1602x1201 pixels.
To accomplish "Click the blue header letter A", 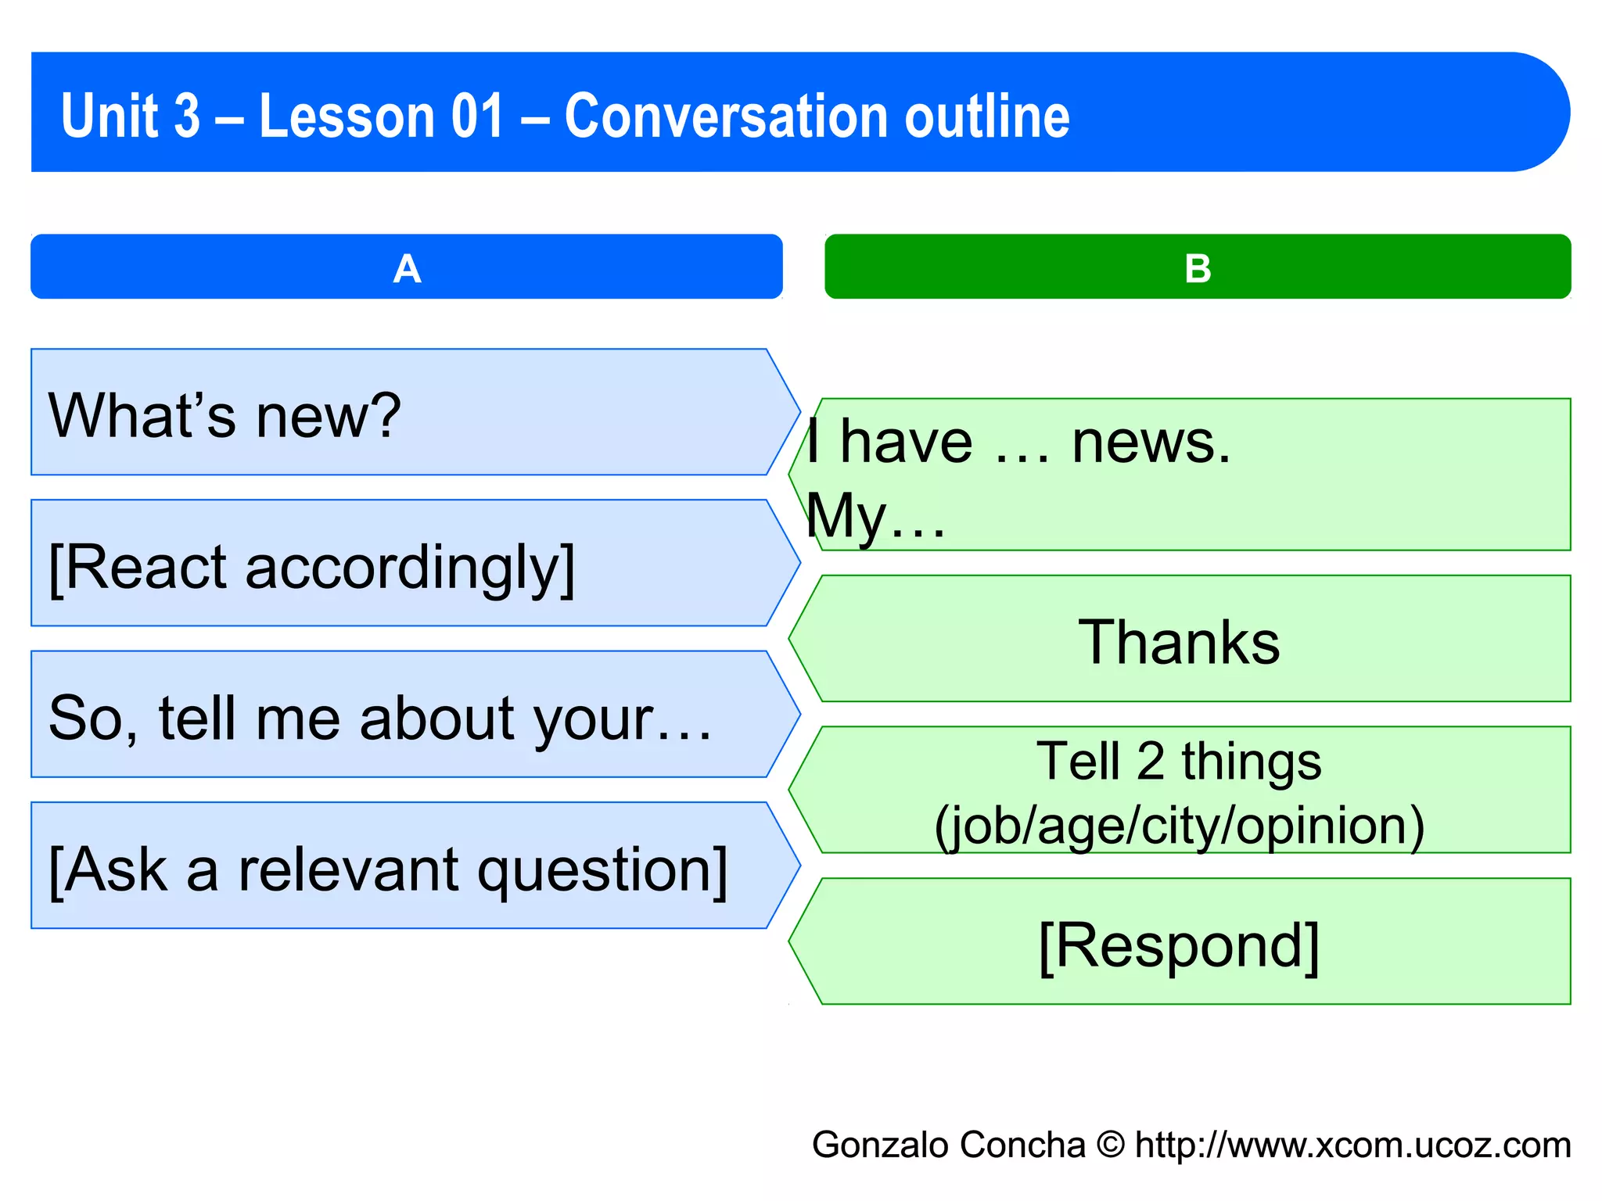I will [x=407, y=269].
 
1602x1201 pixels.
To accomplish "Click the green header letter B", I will [x=1198, y=269].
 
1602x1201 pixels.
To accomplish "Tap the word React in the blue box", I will [x=149, y=567].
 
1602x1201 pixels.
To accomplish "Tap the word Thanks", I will [x=1179, y=643].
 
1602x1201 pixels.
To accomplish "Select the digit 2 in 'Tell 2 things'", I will [x=1150, y=761].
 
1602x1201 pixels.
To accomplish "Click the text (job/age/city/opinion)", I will [x=1179, y=826].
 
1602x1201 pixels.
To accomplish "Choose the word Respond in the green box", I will [x=1179, y=946].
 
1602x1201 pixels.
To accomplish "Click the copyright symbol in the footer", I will [x=1110, y=1145].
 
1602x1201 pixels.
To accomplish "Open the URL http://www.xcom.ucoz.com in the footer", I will [x=1352, y=1145].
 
